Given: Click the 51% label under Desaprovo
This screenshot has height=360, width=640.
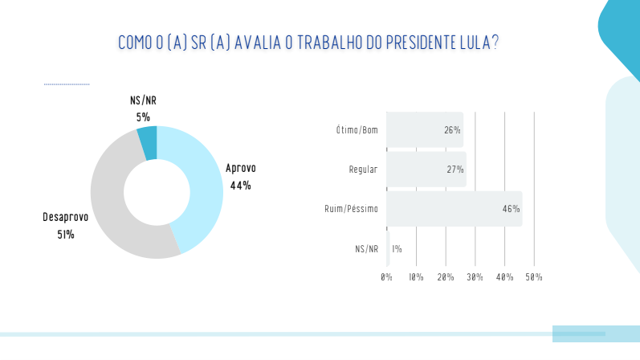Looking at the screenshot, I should [x=66, y=235].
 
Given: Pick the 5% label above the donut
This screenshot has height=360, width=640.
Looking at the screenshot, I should [x=143, y=117].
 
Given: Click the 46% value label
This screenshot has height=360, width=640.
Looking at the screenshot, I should [x=511, y=209].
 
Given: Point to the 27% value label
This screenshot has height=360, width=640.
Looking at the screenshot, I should [x=455, y=170].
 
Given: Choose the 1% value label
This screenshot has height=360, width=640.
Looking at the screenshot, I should [x=397, y=249].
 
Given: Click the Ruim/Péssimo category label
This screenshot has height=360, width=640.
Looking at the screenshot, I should [x=351, y=209].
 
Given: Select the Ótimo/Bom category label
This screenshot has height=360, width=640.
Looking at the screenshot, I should [x=357, y=130].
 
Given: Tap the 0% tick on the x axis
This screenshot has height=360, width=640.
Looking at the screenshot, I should [x=386, y=277].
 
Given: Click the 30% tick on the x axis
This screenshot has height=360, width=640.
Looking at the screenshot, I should [x=475, y=277].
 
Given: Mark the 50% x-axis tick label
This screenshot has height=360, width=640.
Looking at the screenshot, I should [x=534, y=277].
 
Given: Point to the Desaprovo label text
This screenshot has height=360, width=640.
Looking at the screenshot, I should [x=66, y=218].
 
